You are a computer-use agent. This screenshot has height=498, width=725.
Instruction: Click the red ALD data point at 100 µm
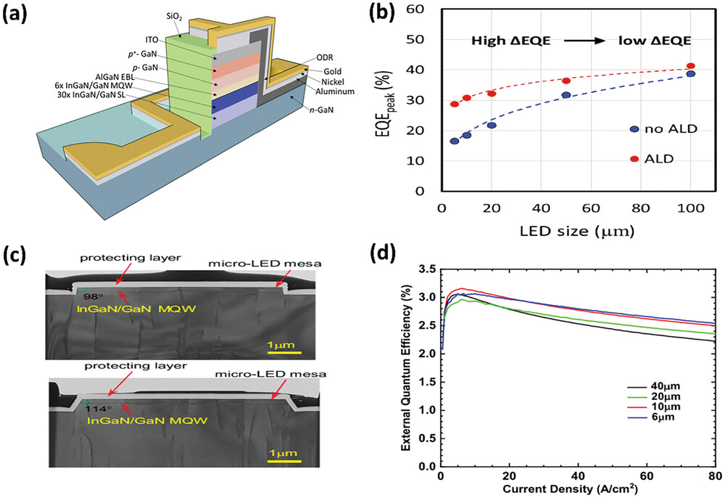point(691,66)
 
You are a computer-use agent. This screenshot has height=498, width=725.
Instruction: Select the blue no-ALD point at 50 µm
point(565,95)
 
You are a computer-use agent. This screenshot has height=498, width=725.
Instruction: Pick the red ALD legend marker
point(634,159)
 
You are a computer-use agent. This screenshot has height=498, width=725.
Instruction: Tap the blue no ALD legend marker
point(634,128)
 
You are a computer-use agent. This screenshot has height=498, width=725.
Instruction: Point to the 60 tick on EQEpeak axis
point(419,9)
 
